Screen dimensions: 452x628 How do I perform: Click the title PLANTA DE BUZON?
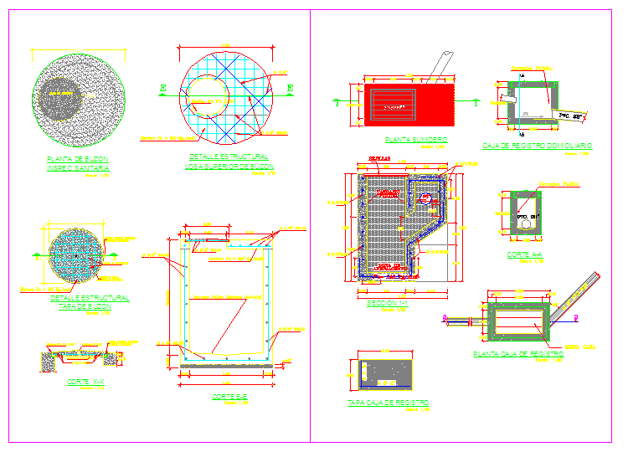pos(78,158)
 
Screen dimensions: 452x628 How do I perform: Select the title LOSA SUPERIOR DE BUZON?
pos(226,166)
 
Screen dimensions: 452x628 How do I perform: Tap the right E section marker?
pos(290,87)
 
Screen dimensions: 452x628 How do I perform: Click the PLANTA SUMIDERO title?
pos(414,140)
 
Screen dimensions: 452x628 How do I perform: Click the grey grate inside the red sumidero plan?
pos(394,104)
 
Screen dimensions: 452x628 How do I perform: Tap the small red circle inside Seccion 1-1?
pos(428,199)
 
